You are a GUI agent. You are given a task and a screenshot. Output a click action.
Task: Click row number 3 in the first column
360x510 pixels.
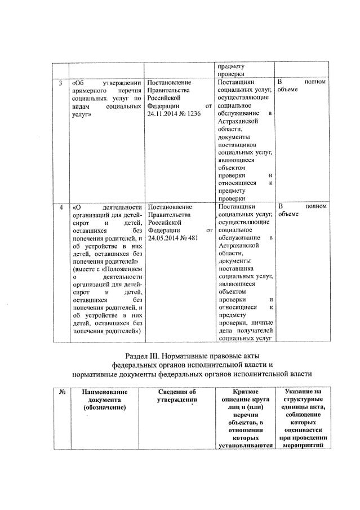point(60,83)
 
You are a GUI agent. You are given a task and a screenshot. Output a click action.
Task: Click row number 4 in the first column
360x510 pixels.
point(60,206)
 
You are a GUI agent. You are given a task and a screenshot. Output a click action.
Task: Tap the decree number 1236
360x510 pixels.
point(193,113)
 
